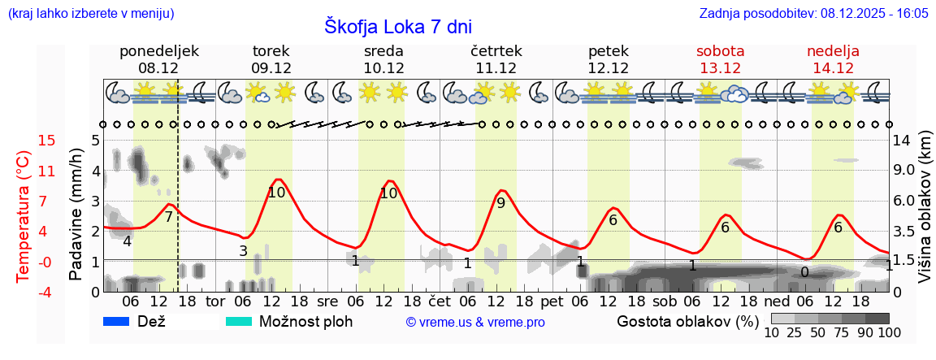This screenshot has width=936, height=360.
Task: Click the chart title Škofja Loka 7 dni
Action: tap(397, 26)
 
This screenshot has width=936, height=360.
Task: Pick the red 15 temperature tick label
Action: tap(24, 141)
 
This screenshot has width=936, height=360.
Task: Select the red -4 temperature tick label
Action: tap(24, 292)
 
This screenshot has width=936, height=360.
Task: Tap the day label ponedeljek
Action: tap(158, 51)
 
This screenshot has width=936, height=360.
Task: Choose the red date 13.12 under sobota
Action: tap(720, 68)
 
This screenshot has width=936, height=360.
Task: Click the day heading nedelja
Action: tap(833, 51)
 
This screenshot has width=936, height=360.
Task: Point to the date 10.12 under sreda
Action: tap(383, 68)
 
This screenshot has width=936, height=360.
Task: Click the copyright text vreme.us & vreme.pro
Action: tap(475, 323)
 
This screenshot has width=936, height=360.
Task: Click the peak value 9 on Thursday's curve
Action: tap(500, 203)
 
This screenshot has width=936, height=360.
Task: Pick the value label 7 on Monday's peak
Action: tap(168, 217)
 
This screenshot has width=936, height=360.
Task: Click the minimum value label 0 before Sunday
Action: tap(804, 272)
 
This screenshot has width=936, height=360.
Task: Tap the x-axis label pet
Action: tap(552, 301)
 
